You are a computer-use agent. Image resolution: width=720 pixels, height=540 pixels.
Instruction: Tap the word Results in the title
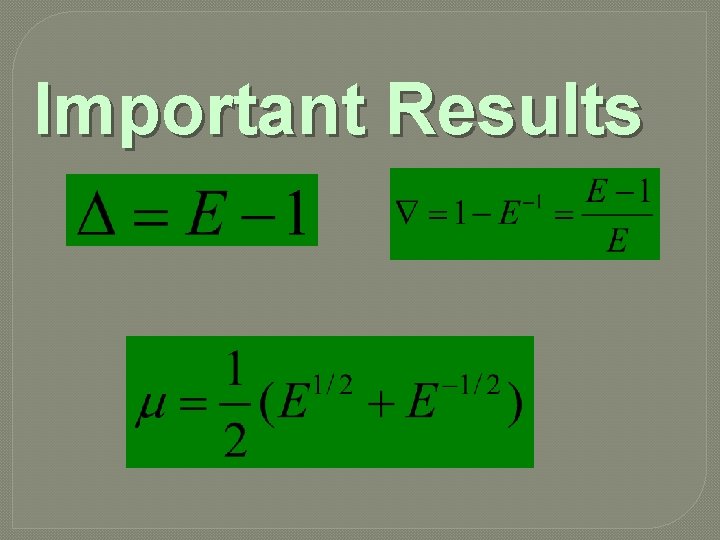click(516, 109)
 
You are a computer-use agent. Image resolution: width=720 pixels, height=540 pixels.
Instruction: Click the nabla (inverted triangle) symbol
click(406, 213)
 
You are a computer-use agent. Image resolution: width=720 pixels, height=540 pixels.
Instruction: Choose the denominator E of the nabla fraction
click(617, 240)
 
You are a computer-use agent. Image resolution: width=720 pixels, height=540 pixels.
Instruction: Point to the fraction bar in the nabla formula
click(619, 214)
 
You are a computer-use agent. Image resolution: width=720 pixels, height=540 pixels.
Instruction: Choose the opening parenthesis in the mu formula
click(266, 405)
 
